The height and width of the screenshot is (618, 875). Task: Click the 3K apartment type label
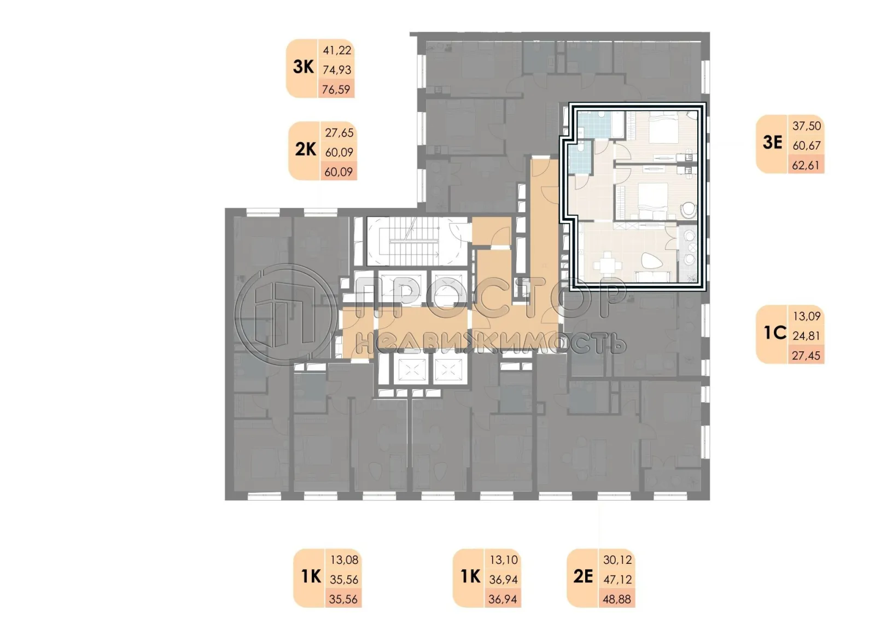(x=304, y=67)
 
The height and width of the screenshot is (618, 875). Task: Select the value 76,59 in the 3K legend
(x=336, y=89)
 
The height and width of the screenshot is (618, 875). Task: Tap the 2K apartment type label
(x=306, y=149)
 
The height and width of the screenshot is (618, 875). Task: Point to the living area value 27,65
(x=339, y=132)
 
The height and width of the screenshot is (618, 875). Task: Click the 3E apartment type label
(x=772, y=143)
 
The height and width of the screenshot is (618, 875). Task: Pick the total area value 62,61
(x=806, y=165)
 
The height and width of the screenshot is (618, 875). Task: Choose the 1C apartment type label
(x=774, y=333)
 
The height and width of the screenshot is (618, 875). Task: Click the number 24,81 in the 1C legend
(x=806, y=336)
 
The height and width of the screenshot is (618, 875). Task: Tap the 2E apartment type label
(x=583, y=576)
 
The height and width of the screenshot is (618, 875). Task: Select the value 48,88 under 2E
(x=617, y=599)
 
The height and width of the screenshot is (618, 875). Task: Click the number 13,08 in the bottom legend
(x=344, y=560)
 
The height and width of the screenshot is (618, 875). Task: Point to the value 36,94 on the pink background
(x=503, y=599)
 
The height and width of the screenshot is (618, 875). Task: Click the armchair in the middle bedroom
(x=687, y=210)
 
